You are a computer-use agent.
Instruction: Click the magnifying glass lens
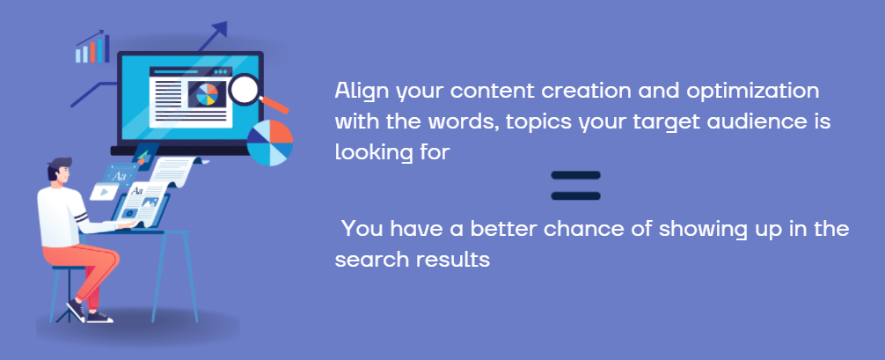pos(245,89)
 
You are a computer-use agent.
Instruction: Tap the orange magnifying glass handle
pos(274,105)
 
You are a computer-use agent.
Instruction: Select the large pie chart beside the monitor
pos(270,143)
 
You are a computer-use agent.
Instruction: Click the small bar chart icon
pos(92,48)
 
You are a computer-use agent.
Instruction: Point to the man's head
pos(61,172)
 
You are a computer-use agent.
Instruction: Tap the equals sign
pos(575,186)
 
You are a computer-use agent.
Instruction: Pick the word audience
pos(760,122)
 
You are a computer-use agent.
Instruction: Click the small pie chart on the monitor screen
pos(207,94)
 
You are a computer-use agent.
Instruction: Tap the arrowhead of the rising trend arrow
pos(222,28)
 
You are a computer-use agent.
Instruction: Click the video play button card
pos(105,192)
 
